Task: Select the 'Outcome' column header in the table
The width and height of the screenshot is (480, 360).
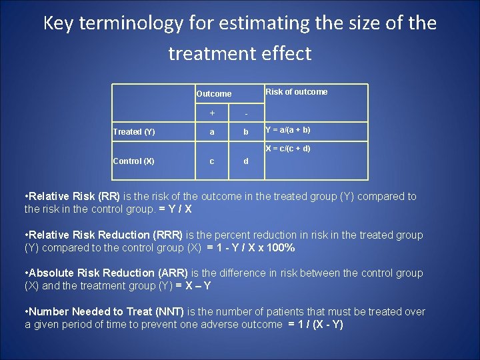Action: [x=213, y=94]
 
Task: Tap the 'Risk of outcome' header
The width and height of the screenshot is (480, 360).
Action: [x=297, y=92]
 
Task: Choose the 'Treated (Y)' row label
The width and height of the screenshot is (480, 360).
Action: [x=134, y=132]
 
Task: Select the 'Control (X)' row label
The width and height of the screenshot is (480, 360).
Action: [x=133, y=161]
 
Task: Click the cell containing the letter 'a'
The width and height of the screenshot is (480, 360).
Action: [x=212, y=132]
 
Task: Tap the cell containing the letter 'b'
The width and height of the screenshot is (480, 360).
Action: [x=246, y=132]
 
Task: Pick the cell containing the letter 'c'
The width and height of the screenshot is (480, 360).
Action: [x=212, y=161]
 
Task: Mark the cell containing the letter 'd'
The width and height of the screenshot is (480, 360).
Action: [x=246, y=161]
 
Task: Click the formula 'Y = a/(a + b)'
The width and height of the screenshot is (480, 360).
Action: [x=288, y=130]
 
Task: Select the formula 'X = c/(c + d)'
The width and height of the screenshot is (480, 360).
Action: [x=288, y=149]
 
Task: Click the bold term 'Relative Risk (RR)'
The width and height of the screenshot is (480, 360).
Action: [x=73, y=197]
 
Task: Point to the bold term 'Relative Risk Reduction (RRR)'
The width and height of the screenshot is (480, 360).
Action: [x=105, y=235]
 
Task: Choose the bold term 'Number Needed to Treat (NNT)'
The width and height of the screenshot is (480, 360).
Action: [x=106, y=311]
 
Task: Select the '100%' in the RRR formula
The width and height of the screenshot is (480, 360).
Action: [x=280, y=248]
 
